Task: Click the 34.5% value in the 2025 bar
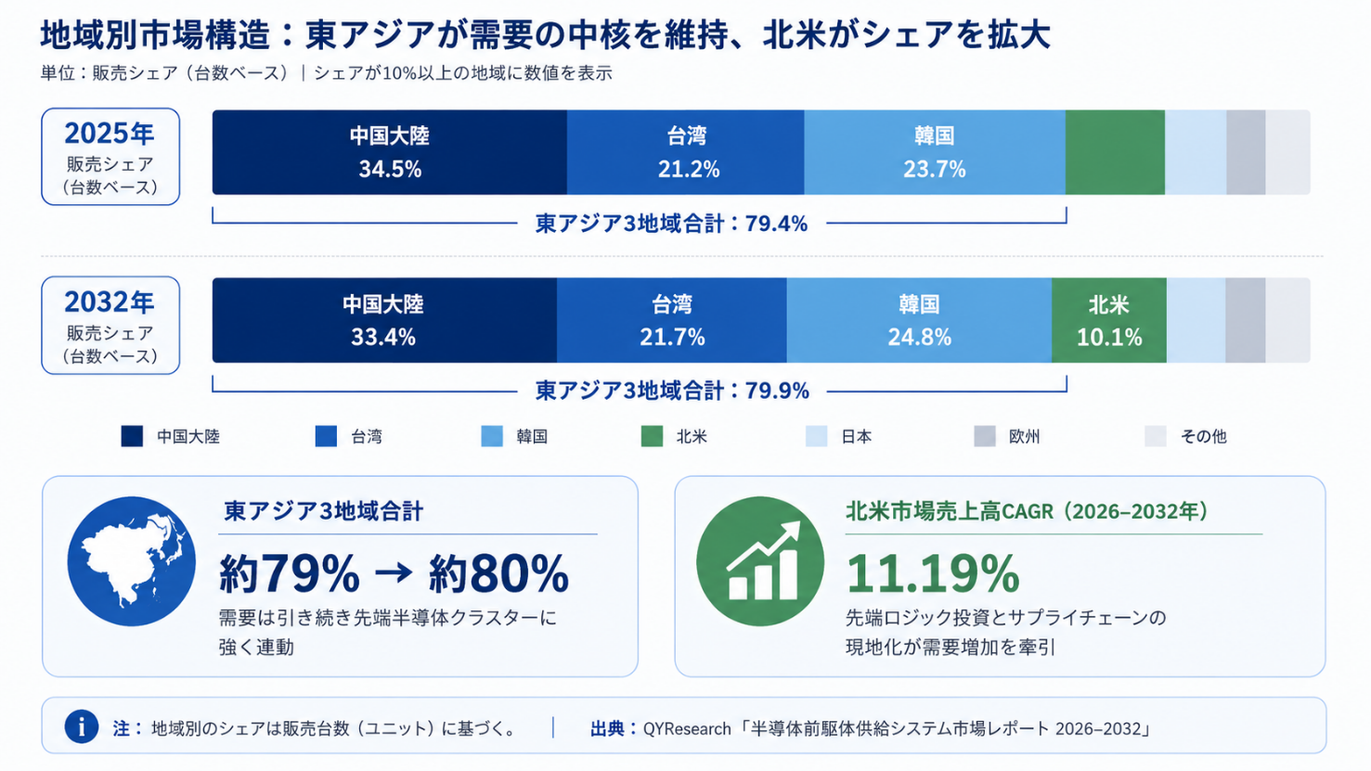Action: tap(390, 169)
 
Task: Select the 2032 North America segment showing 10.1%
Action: tap(1109, 320)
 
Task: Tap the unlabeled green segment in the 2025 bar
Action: tap(1115, 152)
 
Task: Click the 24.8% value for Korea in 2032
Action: tap(919, 337)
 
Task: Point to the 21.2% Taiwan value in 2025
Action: tap(689, 169)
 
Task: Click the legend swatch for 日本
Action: tap(817, 436)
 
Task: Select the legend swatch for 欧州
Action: tap(985, 436)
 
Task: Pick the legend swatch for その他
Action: tap(1156, 436)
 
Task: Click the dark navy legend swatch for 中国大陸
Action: tap(132, 436)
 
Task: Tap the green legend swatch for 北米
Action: tap(652, 436)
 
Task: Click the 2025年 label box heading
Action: tap(110, 134)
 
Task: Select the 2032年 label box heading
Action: tap(110, 302)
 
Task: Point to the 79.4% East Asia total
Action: tap(776, 224)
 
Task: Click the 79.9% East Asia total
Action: tap(777, 391)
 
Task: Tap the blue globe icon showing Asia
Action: tap(132, 561)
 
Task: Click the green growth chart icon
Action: tap(760, 561)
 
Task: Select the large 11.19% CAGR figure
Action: tap(933, 574)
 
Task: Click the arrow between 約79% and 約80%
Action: tap(394, 573)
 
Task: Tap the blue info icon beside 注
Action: tap(82, 727)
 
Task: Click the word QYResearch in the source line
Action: tap(687, 728)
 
